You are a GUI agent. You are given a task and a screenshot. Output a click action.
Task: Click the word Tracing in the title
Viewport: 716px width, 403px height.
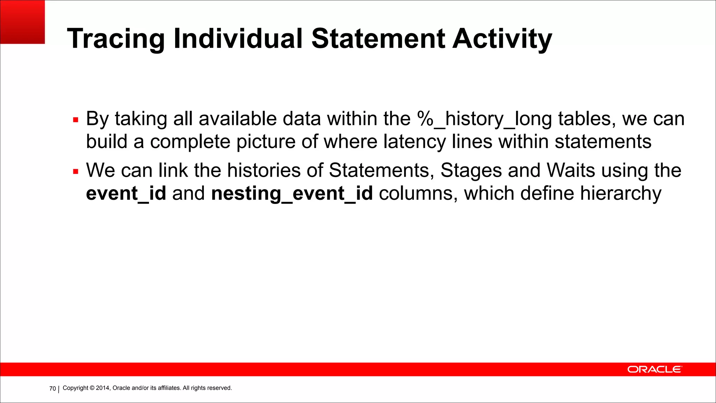(x=115, y=39)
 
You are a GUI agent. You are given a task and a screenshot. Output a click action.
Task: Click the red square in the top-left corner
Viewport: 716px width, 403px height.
(x=22, y=22)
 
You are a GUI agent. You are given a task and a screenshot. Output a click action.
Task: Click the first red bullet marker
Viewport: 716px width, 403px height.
(x=76, y=120)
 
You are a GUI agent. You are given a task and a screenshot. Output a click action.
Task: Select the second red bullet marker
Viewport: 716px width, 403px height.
(x=76, y=171)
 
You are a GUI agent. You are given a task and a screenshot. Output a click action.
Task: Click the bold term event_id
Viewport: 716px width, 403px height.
(x=126, y=193)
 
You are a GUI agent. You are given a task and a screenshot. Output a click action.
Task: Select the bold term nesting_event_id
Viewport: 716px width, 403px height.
(x=292, y=193)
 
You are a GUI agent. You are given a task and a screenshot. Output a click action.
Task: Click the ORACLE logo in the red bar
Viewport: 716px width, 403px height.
(x=654, y=369)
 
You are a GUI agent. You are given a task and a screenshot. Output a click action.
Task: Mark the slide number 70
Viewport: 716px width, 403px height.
(x=52, y=389)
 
